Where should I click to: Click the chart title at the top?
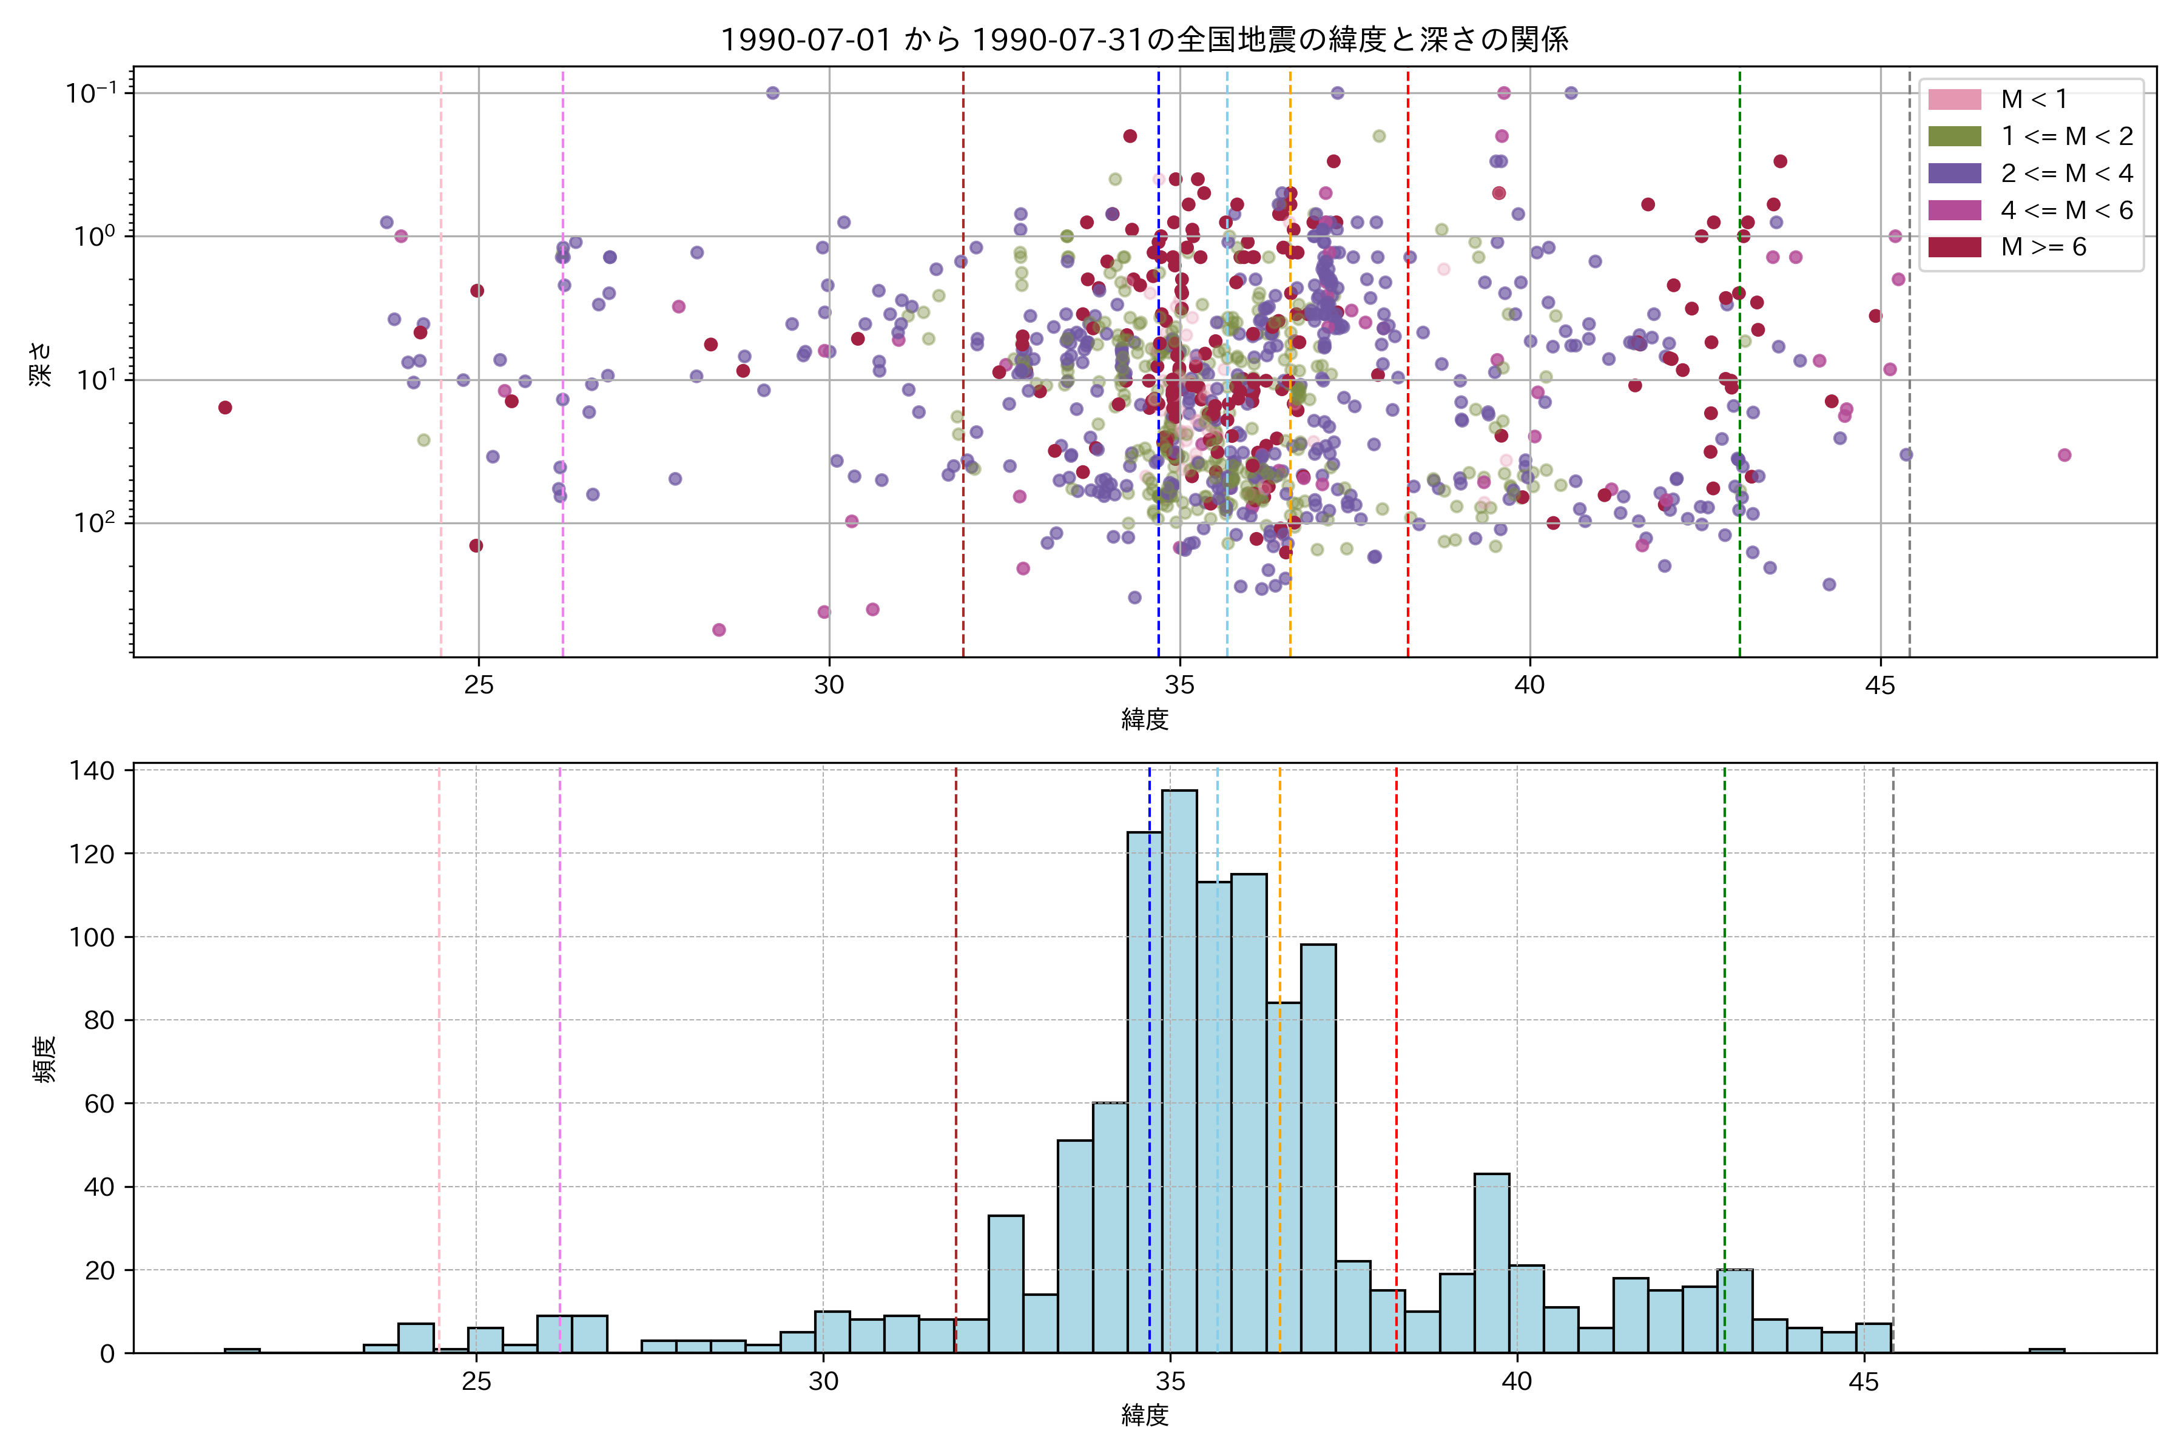click(1144, 39)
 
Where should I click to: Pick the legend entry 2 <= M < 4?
click(2066, 174)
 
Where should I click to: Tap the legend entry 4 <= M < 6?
click(2066, 211)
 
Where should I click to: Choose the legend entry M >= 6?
click(2043, 247)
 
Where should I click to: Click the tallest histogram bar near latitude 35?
click(1179, 1068)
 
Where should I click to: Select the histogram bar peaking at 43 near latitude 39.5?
click(1491, 1263)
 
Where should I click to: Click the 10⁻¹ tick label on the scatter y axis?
click(91, 92)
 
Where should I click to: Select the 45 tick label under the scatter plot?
click(1880, 686)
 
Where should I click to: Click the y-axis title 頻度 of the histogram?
click(44, 1059)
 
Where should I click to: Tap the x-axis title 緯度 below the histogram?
click(1144, 1415)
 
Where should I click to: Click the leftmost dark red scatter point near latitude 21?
click(224, 408)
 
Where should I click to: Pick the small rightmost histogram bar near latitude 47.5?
click(2046, 1350)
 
